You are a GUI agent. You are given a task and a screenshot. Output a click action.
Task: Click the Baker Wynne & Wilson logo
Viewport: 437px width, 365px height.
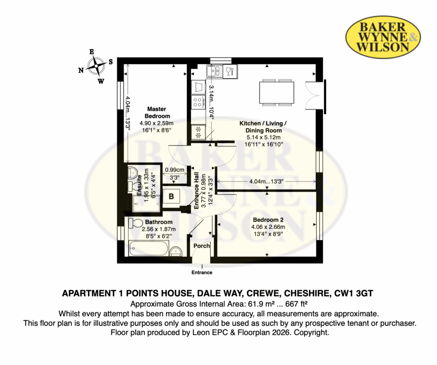(x=383, y=37)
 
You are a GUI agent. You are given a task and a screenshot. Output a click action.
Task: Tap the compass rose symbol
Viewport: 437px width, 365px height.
(x=96, y=66)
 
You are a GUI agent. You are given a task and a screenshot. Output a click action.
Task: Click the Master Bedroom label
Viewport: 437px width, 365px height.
(x=157, y=113)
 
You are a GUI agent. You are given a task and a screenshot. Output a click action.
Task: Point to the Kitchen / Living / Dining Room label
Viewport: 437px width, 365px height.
(x=263, y=127)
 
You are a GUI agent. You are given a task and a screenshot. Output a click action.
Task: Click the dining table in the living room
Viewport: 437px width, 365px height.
(x=277, y=93)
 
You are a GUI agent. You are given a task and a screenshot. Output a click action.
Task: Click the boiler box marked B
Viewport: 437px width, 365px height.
(x=171, y=197)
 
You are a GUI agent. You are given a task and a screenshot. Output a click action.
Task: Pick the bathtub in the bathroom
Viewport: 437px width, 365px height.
(x=149, y=248)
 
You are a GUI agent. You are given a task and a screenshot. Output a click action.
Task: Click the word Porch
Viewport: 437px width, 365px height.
(x=201, y=246)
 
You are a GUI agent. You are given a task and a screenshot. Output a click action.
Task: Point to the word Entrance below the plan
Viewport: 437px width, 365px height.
(x=202, y=272)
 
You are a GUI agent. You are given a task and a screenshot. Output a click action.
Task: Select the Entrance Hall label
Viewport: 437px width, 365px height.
(x=196, y=191)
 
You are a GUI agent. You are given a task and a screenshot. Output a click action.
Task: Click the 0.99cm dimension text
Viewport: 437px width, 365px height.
(x=175, y=170)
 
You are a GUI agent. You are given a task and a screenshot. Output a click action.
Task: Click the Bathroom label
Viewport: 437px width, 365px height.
(x=159, y=222)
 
